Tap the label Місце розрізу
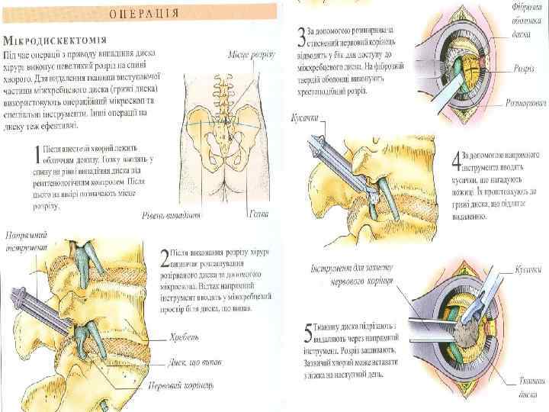click(x=252, y=56)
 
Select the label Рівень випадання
click(x=174, y=216)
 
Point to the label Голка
click(x=258, y=214)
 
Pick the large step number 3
click(x=303, y=35)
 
